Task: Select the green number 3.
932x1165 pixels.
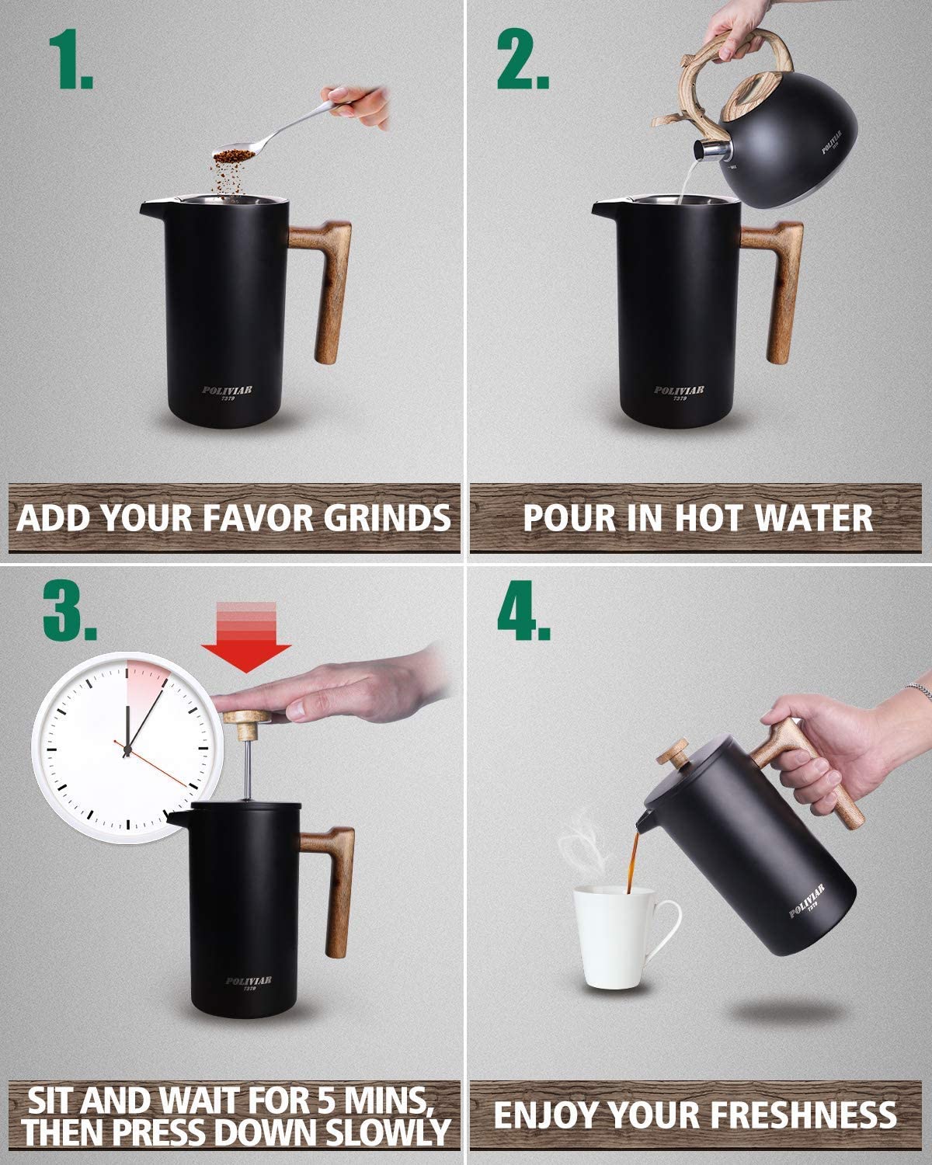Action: pos(70,610)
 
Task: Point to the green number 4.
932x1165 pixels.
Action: pos(523,610)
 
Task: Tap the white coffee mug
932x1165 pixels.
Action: pos(623,943)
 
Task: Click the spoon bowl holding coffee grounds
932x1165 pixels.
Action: pos(234,155)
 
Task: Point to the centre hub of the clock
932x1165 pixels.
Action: pos(128,750)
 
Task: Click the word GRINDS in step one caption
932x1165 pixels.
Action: pos(388,517)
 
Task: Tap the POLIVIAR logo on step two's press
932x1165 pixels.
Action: pos(679,390)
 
